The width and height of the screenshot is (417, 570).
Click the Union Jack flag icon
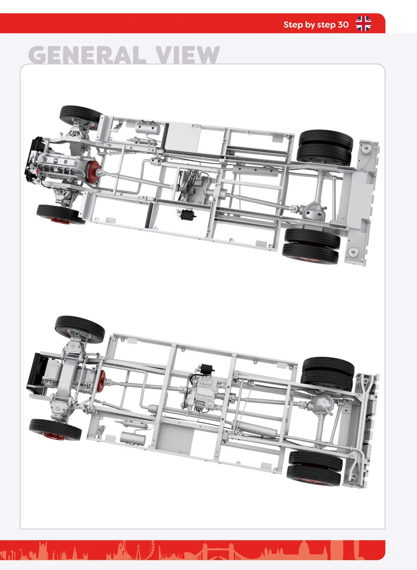click(363, 23)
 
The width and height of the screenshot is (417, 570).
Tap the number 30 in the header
click(343, 24)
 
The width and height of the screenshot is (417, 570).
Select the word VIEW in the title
click(188, 55)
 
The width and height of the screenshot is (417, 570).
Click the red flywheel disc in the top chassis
click(94, 170)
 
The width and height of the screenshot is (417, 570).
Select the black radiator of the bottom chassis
click(36, 371)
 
